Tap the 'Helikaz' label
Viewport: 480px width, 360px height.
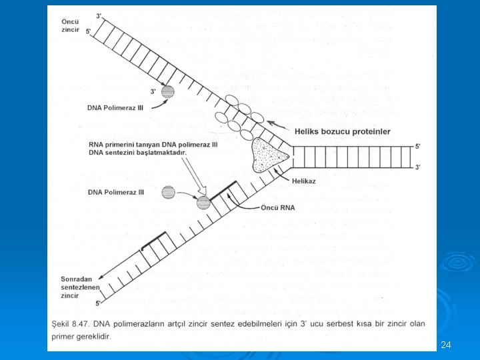click(x=303, y=179)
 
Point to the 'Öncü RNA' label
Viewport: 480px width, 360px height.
click(x=278, y=207)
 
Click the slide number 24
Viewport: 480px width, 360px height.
click(x=446, y=345)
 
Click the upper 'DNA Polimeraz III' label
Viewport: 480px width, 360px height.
click(x=115, y=106)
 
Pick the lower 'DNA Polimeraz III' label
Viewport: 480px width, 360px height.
click(x=115, y=193)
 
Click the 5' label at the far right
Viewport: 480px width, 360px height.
click(x=417, y=145)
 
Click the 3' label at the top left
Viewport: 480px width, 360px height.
click(x=99, y=15)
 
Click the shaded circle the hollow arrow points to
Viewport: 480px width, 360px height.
click(x=203, y=201)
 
